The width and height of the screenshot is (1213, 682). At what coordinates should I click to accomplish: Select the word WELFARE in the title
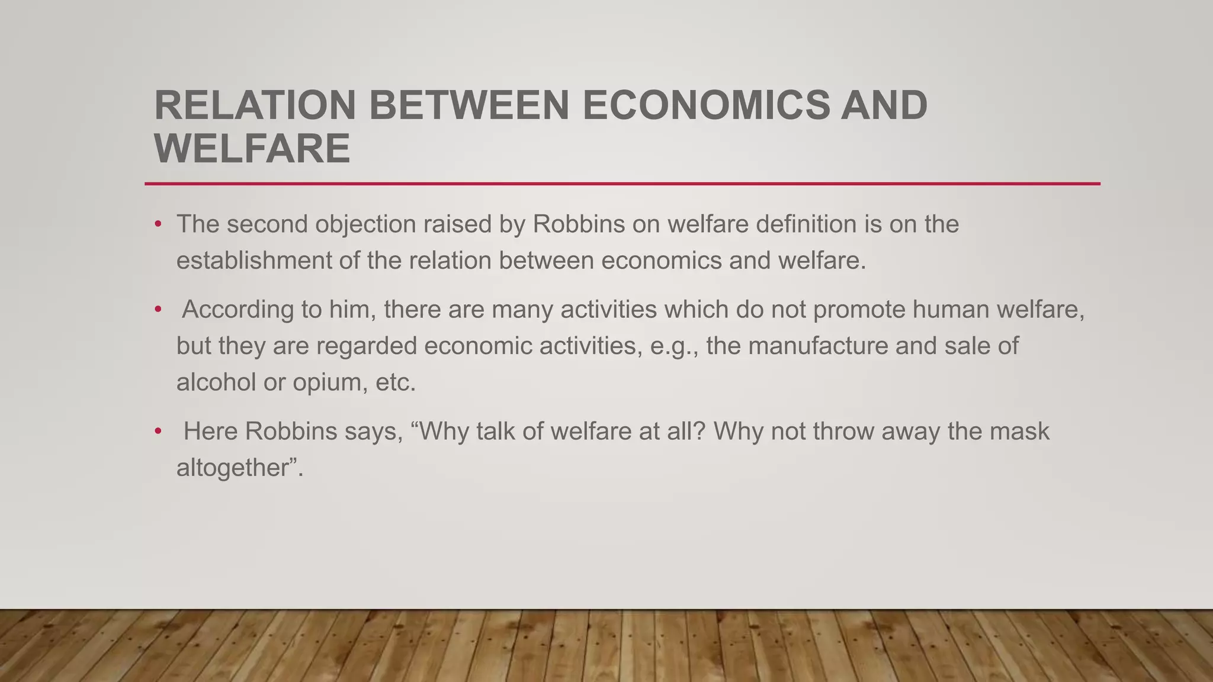point(252,148)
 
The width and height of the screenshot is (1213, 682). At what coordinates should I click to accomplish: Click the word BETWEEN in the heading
point(469,105)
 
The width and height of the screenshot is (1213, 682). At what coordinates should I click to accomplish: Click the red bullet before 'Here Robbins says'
point(158,432)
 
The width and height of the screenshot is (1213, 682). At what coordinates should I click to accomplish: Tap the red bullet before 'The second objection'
point(158,224)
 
